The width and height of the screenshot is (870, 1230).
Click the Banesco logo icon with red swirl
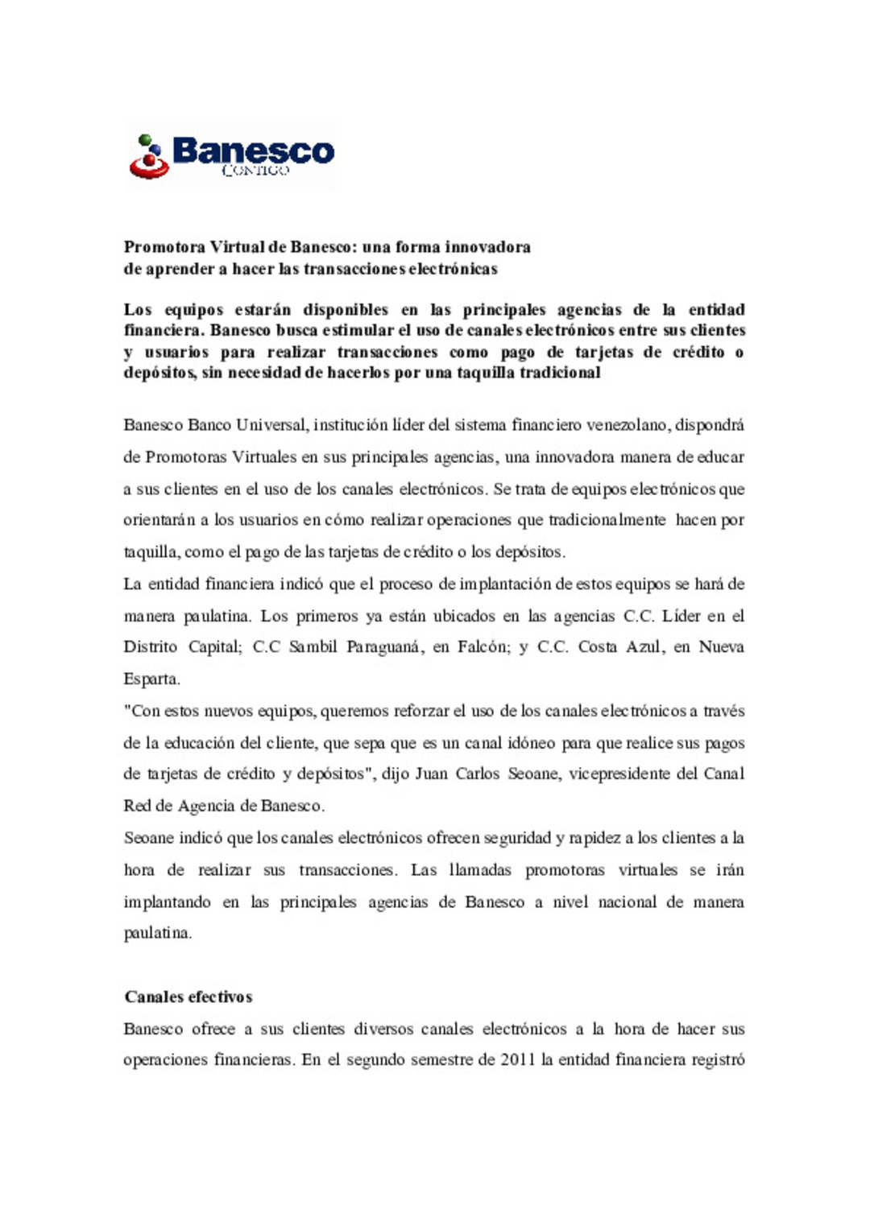[x=149, y=157]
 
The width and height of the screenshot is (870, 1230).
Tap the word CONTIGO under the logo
[x=255, y=171]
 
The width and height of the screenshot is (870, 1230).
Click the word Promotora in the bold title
[x=164, y=247]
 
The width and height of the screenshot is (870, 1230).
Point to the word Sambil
[x=313, y=647]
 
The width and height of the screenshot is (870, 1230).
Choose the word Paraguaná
[x=384, y=647]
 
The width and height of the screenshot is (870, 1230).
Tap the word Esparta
[x=151, y=679]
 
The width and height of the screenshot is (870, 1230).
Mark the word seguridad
[x=517, y=838]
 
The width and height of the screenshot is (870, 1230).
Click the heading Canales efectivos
[x=188, y=997]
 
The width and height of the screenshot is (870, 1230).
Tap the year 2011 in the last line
[x=517, y=1060]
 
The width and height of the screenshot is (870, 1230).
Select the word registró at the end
[x=718, y=1060]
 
